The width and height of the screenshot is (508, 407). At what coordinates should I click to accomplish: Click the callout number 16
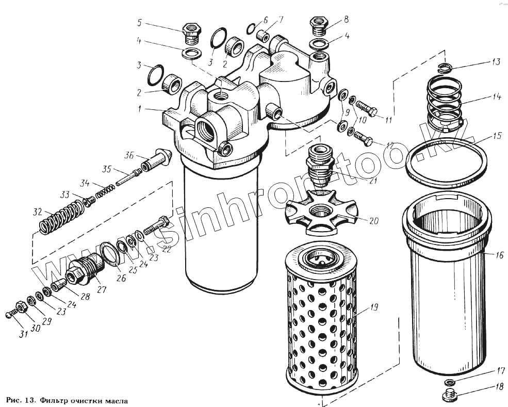pyautogui.click(x=499, y=255)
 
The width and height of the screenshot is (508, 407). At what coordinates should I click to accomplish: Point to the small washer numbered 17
pyautogui.click(x=450, y=382)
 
